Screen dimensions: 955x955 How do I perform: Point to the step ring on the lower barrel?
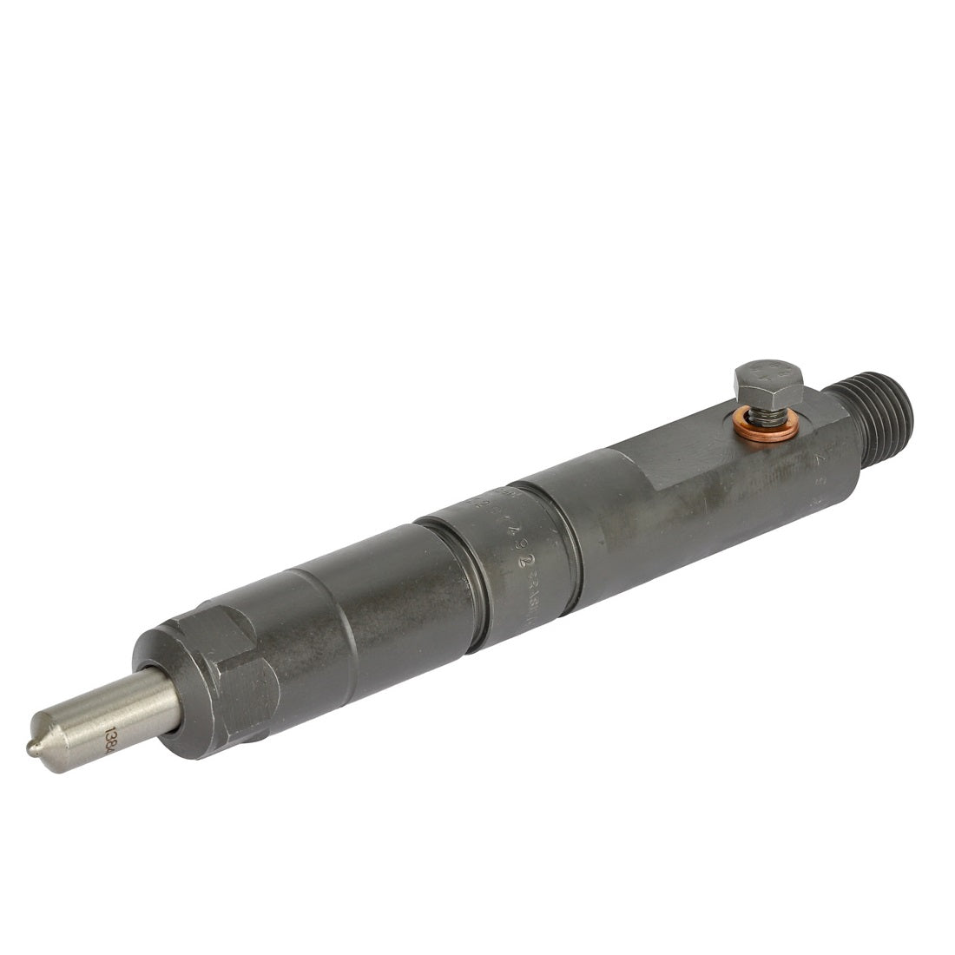click(343, 634)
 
